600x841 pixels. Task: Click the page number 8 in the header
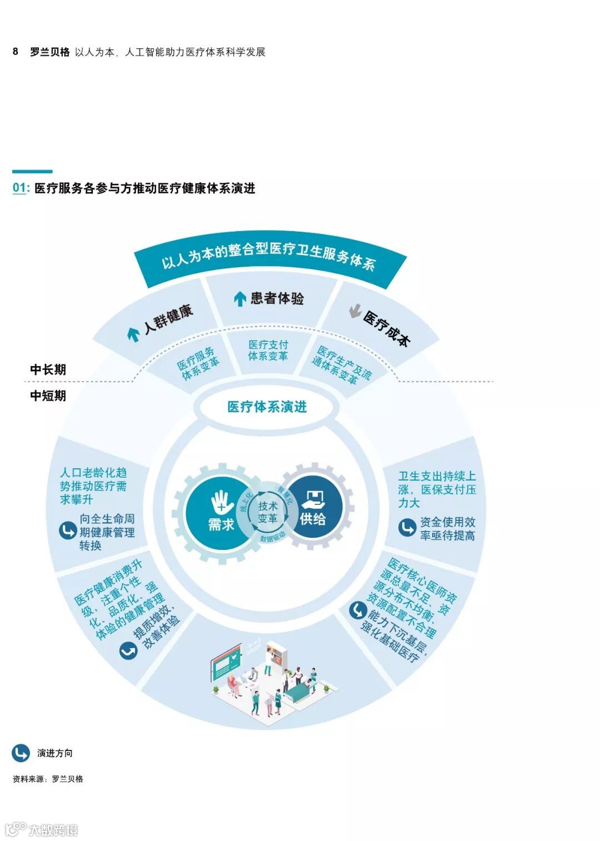[x=16, y=52]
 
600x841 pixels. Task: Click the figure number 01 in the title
[x=19, y=188]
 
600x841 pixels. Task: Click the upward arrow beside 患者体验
[x=239, y=299]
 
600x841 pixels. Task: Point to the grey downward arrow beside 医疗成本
[x=355, y=312]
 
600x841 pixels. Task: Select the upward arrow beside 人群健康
[x=133, y=334]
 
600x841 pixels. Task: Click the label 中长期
[x=48, y=369]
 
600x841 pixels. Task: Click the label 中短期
[x=48, y=396]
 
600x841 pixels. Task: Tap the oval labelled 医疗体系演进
[x=267, y=407]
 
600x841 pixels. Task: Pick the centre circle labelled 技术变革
[x=268, y=512]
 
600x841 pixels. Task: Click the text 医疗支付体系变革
[x=268, y=350]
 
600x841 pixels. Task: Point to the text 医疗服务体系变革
[x=198, y=364]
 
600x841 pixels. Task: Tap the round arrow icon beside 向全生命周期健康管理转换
[x=68, y=530]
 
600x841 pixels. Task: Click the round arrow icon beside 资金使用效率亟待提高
[x=407, y=527]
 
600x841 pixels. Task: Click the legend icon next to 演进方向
[x=21, y=753]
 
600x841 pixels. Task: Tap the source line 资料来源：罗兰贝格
[x=48, y=779]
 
